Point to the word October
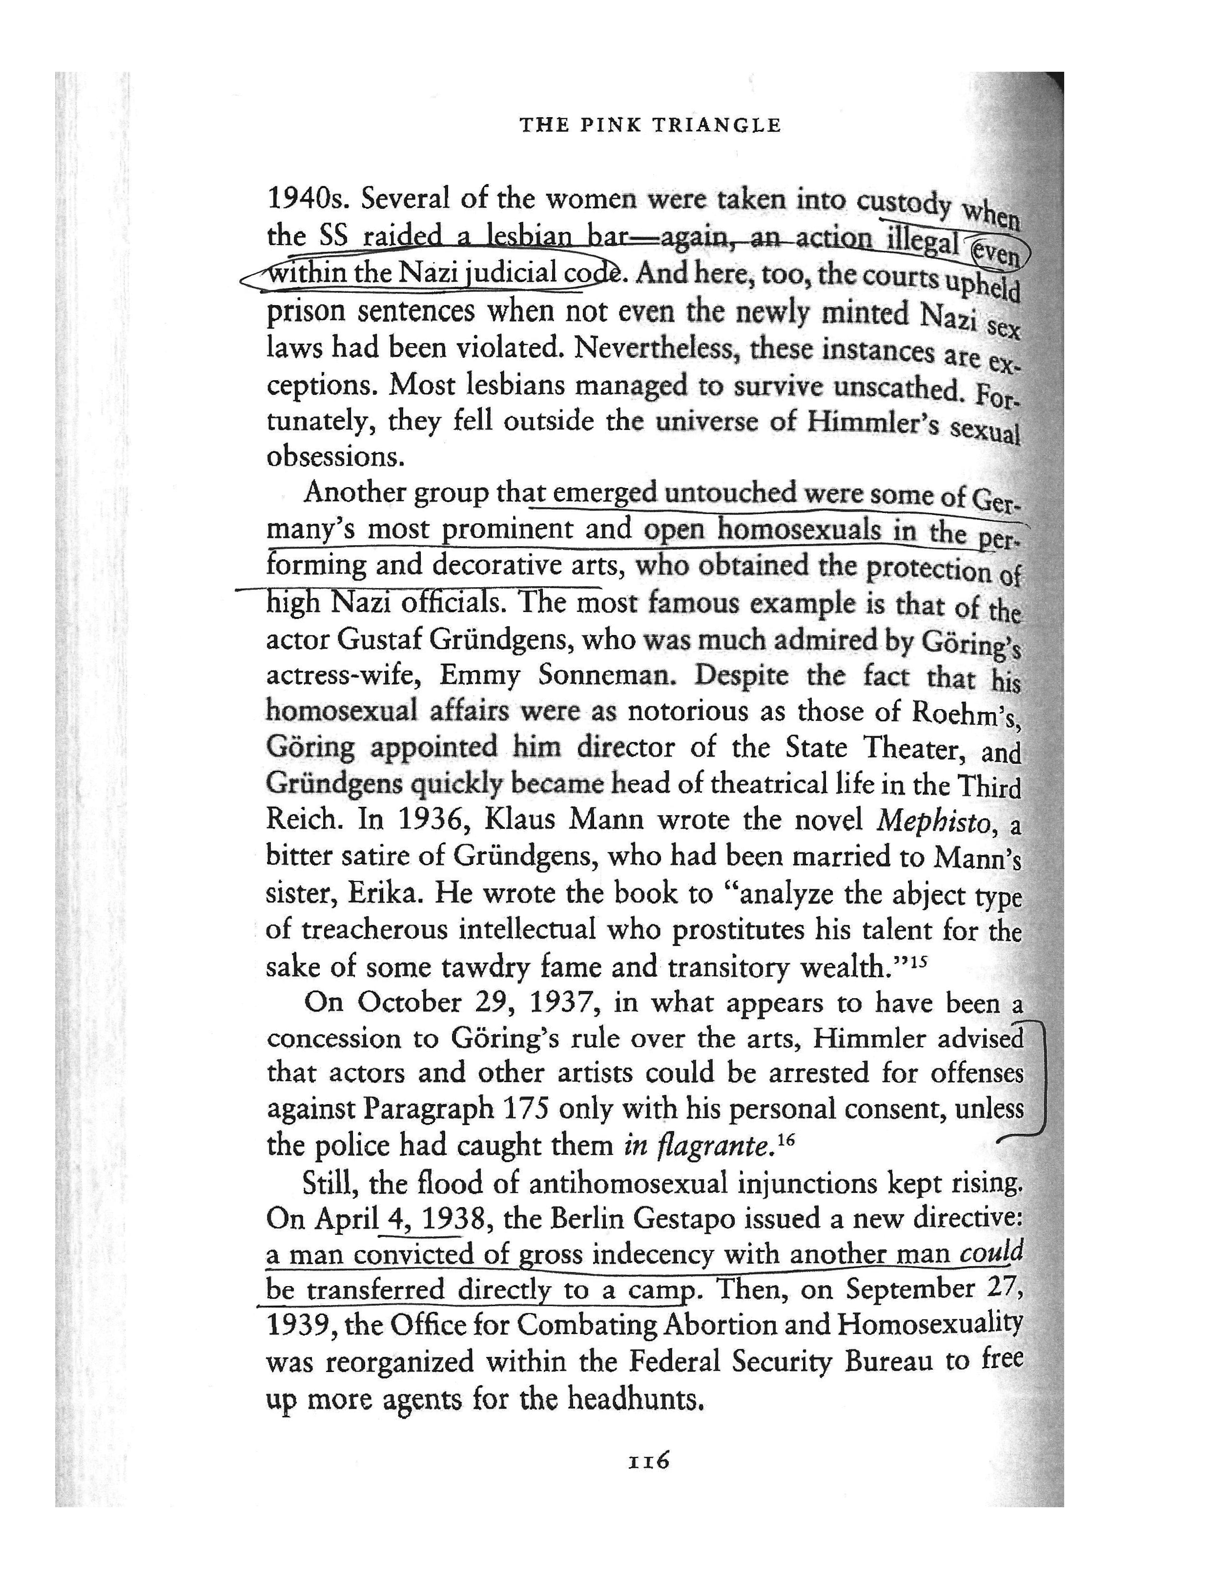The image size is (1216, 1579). [x=409, y=1002]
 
